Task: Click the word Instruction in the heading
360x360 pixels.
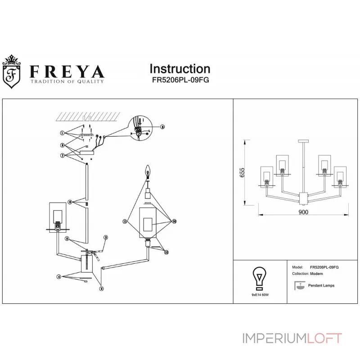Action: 180,69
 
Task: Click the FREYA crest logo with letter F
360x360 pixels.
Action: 13,72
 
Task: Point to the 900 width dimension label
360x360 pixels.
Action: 303,213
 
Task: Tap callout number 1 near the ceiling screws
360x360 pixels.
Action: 62,133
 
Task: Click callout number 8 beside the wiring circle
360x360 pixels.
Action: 162,127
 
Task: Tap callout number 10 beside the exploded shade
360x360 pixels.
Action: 174,221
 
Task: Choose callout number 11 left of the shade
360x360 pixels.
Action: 124,221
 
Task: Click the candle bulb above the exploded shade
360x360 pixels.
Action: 147,171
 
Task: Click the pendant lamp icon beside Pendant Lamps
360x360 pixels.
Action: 298,285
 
